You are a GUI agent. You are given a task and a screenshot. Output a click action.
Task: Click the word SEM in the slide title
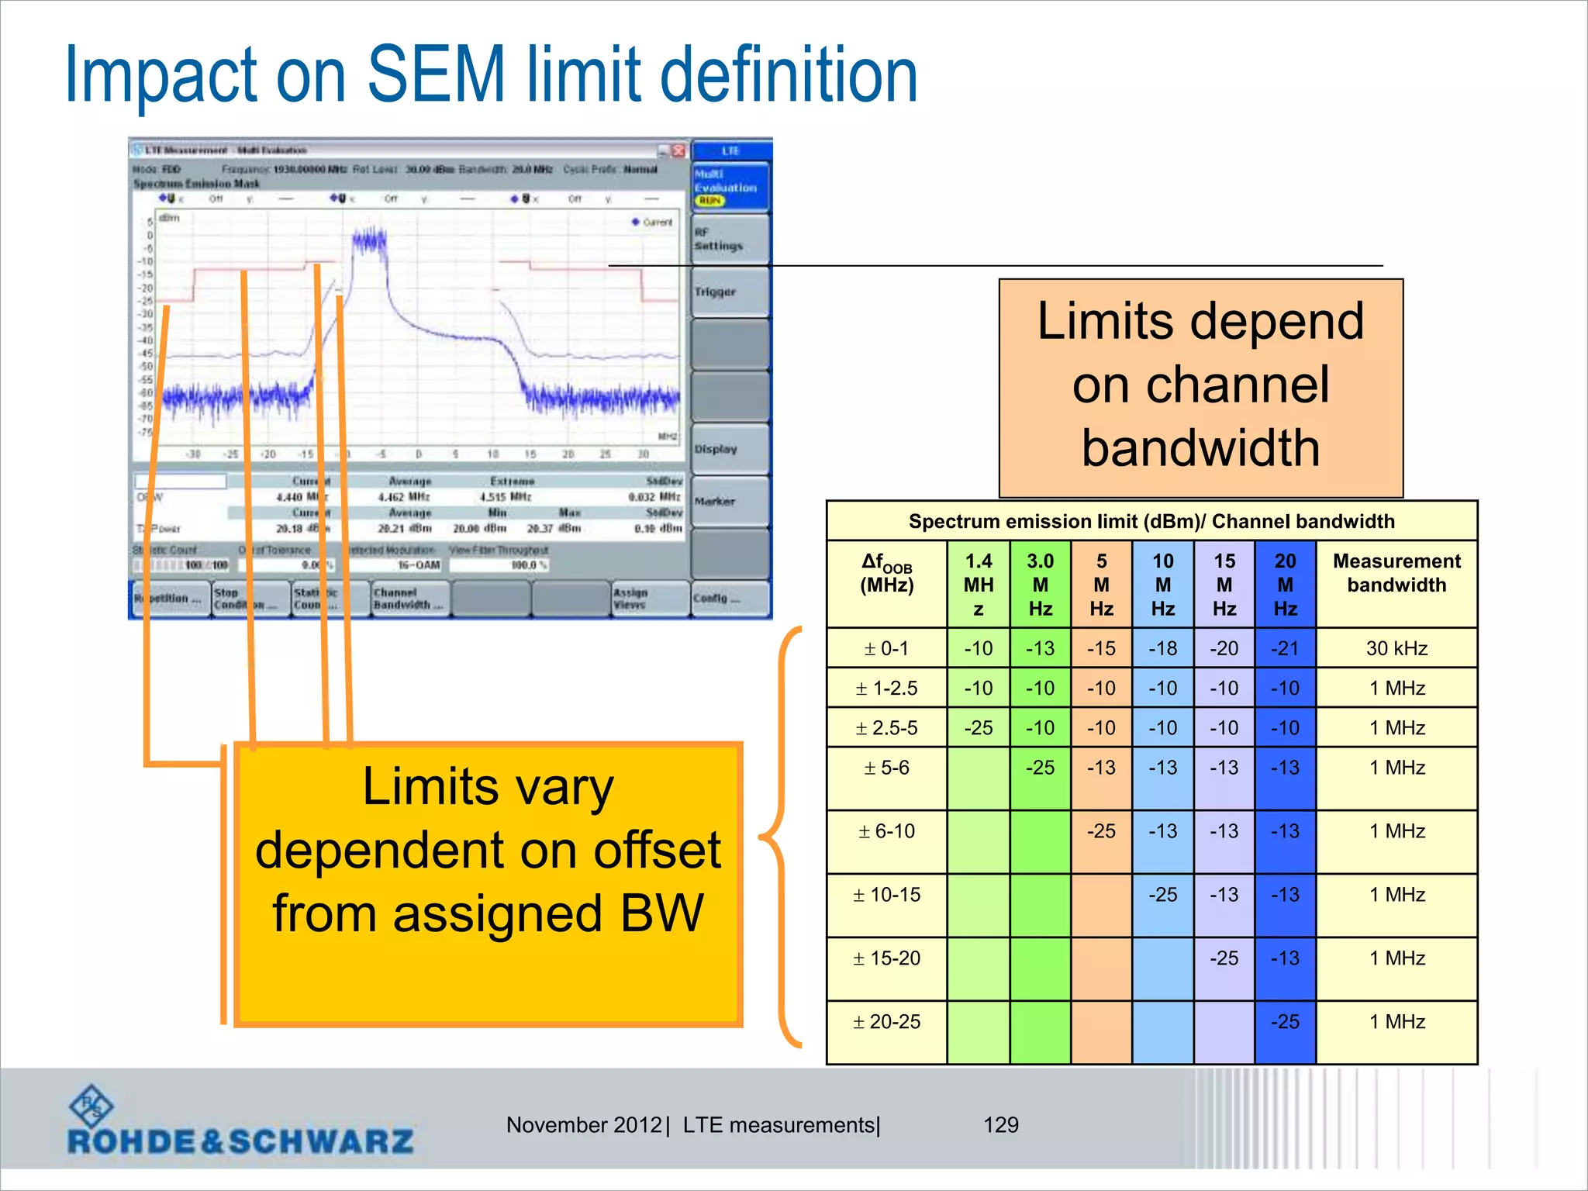pos(435,74)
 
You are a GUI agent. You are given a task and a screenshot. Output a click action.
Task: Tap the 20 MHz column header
pos(1285,584)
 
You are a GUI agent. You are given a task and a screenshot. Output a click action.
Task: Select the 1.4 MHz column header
pos(978,584)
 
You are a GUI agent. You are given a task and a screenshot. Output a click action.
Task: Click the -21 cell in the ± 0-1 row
pos(1285,648)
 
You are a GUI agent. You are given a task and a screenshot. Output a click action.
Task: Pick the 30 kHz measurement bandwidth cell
pos(1396,648)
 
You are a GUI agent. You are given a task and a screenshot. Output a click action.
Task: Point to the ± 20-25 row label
pos(886,1022)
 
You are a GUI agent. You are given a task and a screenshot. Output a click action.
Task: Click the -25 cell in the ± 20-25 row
pos(1285,1022)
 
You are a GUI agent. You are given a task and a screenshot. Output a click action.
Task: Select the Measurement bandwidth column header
pos(1396,573)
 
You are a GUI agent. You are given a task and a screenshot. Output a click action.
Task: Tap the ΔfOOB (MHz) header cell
pos(886,573)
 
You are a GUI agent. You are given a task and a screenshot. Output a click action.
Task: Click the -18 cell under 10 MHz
pos(1162,648)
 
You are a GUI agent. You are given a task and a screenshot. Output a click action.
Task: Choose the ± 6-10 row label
pos(886,831)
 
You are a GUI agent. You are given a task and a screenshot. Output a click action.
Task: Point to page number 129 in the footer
pos(1000,1125)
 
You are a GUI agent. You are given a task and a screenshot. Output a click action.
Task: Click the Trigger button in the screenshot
pos(730,292)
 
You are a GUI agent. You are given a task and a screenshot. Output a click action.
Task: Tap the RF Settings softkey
pos(730,240)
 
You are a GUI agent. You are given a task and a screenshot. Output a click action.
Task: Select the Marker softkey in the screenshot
pos(730,502)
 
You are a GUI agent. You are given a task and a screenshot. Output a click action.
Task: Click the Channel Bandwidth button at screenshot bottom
pos(409,599)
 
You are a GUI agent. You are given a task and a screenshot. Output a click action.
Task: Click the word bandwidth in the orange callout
pos(1200,448)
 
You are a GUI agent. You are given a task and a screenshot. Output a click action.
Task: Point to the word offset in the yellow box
pos(658,851)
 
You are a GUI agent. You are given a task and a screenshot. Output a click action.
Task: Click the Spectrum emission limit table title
pos(1151,521)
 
